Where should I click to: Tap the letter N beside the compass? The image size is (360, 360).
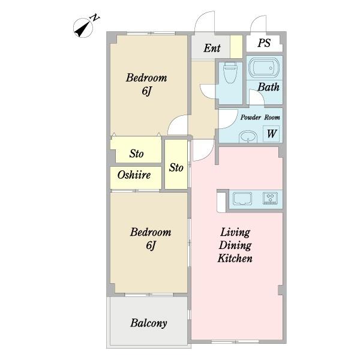coord(95,17)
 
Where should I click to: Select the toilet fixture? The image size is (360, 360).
coord(230,72)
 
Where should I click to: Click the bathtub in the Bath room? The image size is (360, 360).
coord(264,67)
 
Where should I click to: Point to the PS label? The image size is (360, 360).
coord(264,43)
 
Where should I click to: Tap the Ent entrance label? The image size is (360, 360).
coord(212,48)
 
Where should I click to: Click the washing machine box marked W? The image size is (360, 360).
coord(271,134)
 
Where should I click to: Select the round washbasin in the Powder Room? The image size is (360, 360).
coord(248,137)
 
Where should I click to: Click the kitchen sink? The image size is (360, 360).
coord(242,199)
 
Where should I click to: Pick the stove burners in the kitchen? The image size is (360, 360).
coord(270,198)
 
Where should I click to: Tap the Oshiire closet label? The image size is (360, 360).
coord(134,175)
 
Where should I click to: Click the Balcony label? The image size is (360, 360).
coord(149,323)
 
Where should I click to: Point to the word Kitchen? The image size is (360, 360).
coord(235,258)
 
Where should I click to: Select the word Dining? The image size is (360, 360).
coord(235,245)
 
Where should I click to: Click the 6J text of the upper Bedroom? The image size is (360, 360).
coord(147,91)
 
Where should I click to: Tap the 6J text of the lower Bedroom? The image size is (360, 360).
coord(151,245)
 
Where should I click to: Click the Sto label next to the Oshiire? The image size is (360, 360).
coord(176,167)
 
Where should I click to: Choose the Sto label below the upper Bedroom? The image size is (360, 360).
coord(136,154)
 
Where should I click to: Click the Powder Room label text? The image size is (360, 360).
coord(260,118)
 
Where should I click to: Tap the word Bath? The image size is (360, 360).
coord(268,87)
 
